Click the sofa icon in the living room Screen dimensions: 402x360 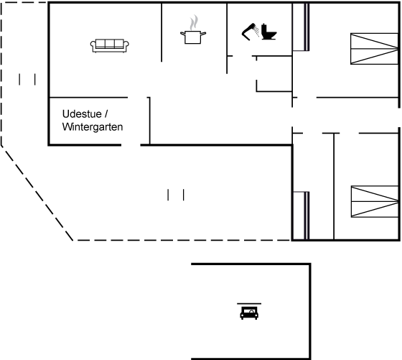click(x=109, y=46)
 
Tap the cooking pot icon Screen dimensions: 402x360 click(x=193, y=37)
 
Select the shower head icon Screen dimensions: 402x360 click(x=251, y=32)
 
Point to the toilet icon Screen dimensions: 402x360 click(x=268, y=32)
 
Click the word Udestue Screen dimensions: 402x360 click(x=82, y=114)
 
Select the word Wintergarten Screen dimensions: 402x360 click(x=93, y=126)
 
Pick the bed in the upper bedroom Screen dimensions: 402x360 click(x=374, y=48)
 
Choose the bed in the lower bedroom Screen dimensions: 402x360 click(x=375, y=201)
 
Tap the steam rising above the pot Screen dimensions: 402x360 click(x=194, y=22)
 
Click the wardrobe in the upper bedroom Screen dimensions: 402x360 click(x=301, y=27)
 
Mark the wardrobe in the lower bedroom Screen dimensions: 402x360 click(x=301, y=216)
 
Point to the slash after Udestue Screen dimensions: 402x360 click(x=106, y=114)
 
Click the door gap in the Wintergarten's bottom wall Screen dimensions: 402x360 click(x=131, y=145)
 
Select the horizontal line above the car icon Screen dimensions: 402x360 click(x=249, y=303)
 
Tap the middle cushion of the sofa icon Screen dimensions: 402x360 click(x=109, y=43)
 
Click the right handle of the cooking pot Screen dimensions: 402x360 click(x=203, y=34)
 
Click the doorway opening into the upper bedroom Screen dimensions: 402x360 click(x=307, y=98)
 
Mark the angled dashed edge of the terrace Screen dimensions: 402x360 click(x=37, y=193)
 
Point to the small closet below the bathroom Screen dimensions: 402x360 click(x=274, y=73)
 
